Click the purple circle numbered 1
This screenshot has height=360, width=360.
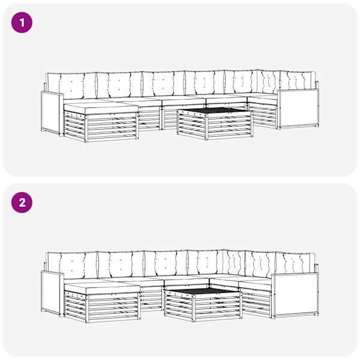tap(22, 23)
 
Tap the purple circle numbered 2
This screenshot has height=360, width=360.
tap(22, 203)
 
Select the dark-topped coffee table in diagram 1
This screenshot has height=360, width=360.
tap(215, 123)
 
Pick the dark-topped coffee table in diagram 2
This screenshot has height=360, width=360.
tap(203, 305)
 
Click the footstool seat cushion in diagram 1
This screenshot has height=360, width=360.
tap(101, 108)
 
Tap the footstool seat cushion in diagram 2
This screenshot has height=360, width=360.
tap(102, 289)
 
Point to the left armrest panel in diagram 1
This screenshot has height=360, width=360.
tap(51, 113)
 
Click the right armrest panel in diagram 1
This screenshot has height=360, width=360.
tap(298, 109)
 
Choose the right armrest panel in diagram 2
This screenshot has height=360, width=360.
tap(296, 295)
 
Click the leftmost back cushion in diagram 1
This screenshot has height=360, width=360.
tap(71, 86)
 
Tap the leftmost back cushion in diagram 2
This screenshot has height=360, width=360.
tap(73, 266)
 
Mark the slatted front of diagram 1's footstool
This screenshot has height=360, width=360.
tap(113, 127)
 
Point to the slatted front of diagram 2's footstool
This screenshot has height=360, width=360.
tap(113, 308)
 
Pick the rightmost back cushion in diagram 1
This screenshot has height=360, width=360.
tap(298, 81)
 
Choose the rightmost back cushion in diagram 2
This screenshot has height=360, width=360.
tap(295, 263)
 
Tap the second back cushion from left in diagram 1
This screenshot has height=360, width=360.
tap(119, 85)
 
